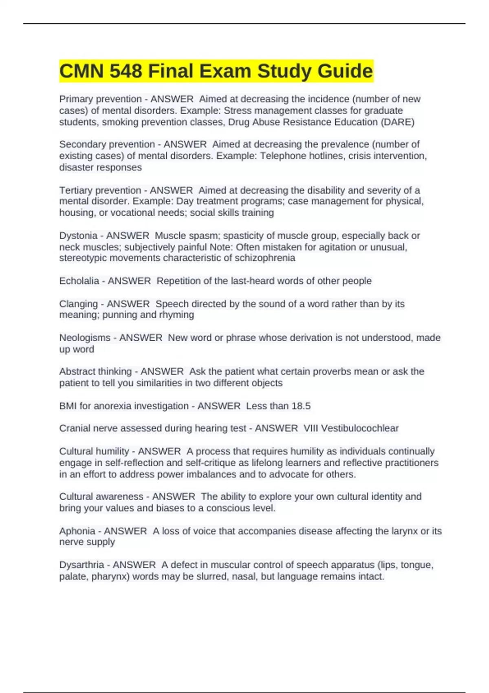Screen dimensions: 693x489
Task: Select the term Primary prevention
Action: pyautogui.click(x=100, y=99)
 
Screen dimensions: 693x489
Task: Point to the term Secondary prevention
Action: pyautogui.click(x=107, y=144)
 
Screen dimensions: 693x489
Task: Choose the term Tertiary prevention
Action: pyautogui.click(x=100, y=190)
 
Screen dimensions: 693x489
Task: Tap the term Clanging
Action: pyautogui.click(x=78, y=304)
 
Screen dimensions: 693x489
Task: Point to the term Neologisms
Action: pyautogui.click(x=85, y=338)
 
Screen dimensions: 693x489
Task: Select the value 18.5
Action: pyautogui.click(x=301, y=406)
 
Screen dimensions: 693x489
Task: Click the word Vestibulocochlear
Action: pyautogui.click(x=359, y=428)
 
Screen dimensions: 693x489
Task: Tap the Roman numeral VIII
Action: pyautogui.click(x=311, y=428)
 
